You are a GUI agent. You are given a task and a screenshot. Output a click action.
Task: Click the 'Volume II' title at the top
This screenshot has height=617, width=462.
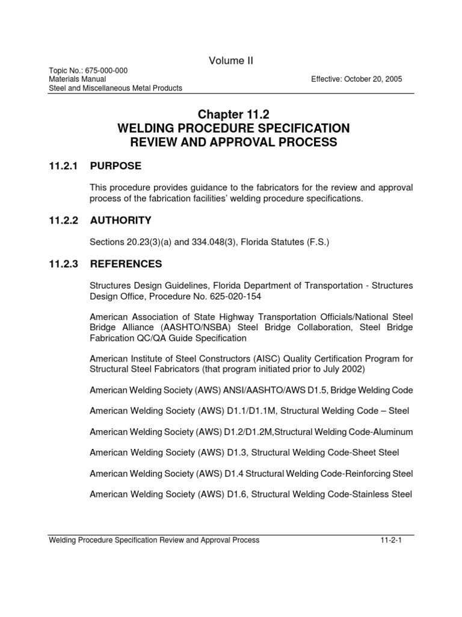tap(231, 60)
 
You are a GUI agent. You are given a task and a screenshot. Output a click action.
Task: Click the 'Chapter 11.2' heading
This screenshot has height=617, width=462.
tap(231, 114)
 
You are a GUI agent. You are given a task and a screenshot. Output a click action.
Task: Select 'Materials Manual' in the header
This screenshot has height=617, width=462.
tap(78, 79)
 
